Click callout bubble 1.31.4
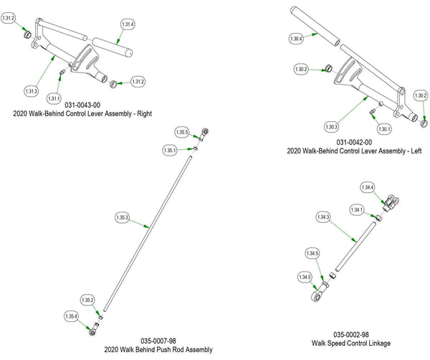pos(128,24)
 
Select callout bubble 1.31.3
pos(31,91)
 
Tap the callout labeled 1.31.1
pos(54,98)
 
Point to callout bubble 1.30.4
pos(296,38)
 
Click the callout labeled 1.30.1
pos(383,129)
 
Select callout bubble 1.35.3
pos(122,217)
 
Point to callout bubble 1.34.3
pos(323,217)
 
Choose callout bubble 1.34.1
pos(358,209)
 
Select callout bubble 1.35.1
pos(170,151)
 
